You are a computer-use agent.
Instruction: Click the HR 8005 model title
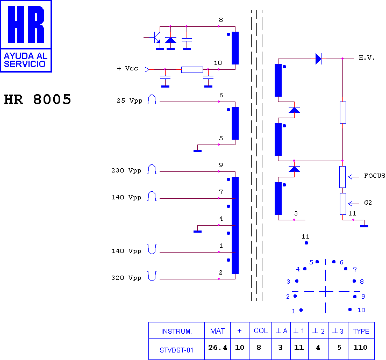click(x=38, y=99)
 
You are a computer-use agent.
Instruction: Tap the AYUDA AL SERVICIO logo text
click(x=25, y=60)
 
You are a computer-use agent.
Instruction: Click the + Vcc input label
click(x=127, y=68)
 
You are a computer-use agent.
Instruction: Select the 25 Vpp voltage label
click(x=130, y=100)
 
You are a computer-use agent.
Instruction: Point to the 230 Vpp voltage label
click(x=126, y=170)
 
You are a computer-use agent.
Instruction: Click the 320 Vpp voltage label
click(x=126, y=278)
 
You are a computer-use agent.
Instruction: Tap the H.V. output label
click(x=367, y=58)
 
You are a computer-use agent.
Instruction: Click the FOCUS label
click(x=375, y=176)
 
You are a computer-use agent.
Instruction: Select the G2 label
click(x=368, y=203)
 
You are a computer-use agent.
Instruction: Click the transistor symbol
click(x=155, y=38)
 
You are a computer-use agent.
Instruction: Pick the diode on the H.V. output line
click(x=319, y=59)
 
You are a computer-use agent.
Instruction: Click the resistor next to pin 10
click(x=192, y=70)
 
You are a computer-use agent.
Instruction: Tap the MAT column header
click(x=217, y=331)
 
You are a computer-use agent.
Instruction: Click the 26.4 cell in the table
click(x=218, y=348)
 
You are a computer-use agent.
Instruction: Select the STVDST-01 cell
click(x=176, y=350)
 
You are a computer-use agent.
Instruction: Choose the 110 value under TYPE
click(x=360, y=348)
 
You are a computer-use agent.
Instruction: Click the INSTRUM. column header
click(x=176, y=331)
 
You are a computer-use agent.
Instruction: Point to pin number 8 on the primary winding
click(x=221, y=20)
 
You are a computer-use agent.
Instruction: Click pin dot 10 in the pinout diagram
click(x=350, y=309)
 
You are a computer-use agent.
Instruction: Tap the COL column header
click(x=261, y=330)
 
